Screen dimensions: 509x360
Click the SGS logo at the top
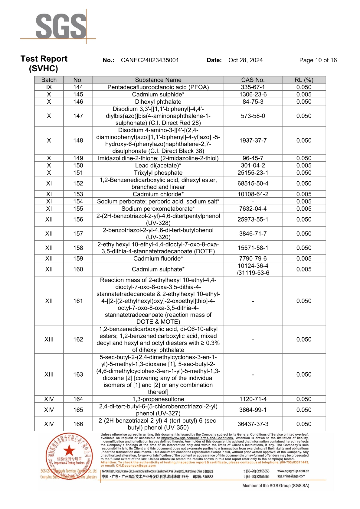[x=61, y=26]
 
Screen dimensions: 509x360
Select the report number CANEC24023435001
[x=150, y=60]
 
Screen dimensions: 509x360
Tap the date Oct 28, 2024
[x=245, y=60]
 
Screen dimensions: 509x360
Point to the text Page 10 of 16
[x=318, y=60]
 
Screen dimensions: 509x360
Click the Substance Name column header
[x=158, y=80]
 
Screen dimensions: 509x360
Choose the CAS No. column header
[x=253, y=80]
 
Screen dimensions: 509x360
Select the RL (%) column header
[x=304, y=80]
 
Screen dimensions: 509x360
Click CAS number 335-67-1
[x=253, y=87]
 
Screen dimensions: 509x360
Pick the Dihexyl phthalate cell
[x=158, y=102]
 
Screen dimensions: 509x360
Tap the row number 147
[x=78, y=116]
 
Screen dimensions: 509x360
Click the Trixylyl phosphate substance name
[x=158, y=173]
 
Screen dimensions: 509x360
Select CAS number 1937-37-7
[x=253, y=141]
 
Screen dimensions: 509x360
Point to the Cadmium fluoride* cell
[x=158, y=258]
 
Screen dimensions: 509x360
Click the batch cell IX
[x=49, y=87]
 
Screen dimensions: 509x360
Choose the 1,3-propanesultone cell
[x=158, y=399]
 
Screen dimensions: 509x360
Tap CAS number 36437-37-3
[x=253, y=424]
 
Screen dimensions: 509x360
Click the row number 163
[x=78, y=374]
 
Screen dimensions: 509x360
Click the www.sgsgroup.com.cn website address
[x=293, y=471]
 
